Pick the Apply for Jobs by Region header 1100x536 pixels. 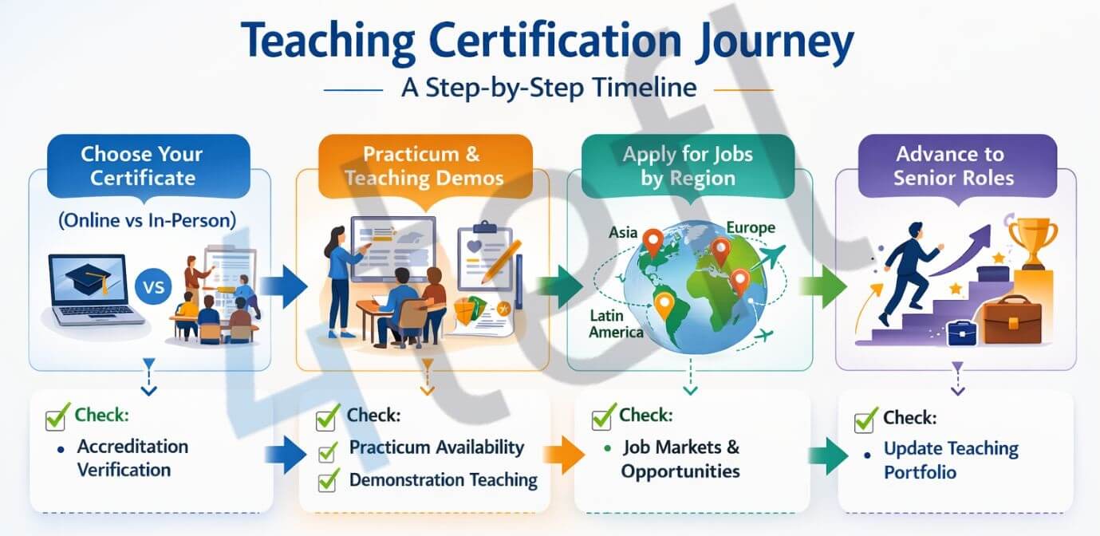click(x=688, y=165)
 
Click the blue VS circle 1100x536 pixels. click(x=154, y=286)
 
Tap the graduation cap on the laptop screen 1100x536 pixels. click(x=89, y=280)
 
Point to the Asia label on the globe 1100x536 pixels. click(x=623, y=233)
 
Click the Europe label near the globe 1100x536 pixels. click(x=750, y=228)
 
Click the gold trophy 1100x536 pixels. click(x=1033, y=239)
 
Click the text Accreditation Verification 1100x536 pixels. click(x=132, y=458)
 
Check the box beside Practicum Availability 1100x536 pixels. click(x=327, y=451)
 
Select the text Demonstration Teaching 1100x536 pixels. click(x=443, y=480)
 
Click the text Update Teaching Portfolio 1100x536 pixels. click(x=950, y=460)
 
